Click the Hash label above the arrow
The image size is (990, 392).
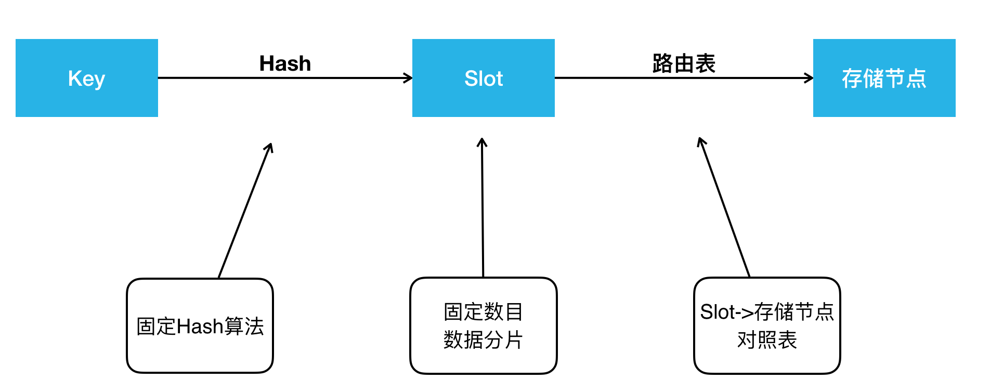coord(285,64)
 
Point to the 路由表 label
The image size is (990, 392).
coord(684,64)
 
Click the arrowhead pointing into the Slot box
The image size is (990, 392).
coord(409,78)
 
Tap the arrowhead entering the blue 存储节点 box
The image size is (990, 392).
coord(810,78)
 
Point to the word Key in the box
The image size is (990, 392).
coord(86,79)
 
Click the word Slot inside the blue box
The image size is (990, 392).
coord(483,79)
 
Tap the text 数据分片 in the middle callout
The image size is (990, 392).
coord(483,340)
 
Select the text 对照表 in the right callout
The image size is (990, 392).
coord(767,340)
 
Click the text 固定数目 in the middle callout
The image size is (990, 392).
coord(483,312)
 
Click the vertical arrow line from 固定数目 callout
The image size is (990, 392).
coord(483,208)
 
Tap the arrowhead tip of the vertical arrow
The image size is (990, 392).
coord(482,140)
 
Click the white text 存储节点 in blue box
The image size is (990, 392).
coord(884,79)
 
